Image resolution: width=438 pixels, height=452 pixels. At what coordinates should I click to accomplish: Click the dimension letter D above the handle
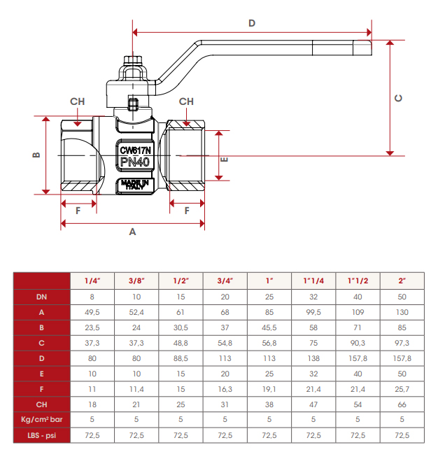click(252, 23)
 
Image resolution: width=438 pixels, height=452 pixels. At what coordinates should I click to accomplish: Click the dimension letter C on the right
click(398, 98)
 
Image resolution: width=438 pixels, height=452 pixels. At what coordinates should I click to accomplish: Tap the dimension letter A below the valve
click(133, 232)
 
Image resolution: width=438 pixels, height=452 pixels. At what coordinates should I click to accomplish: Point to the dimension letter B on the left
click(36, 155)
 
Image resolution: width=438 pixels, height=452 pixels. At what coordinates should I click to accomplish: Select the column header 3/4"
click(225, 281)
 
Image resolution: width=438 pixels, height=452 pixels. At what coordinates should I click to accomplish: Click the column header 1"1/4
click(313, 281)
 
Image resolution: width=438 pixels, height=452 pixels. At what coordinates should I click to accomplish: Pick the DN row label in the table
click(42, 296)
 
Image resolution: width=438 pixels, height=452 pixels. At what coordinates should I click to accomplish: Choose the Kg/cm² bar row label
click(42, 420)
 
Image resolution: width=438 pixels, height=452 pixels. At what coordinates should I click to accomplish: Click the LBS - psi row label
click(42, 435)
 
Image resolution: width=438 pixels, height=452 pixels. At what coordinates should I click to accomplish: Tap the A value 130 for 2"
click(402, 311)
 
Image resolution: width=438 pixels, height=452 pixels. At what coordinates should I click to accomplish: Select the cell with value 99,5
click(313, 311)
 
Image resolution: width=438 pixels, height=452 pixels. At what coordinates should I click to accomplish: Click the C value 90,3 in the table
click(358, 343)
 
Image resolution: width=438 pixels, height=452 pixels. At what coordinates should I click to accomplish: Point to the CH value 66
click(402, 404)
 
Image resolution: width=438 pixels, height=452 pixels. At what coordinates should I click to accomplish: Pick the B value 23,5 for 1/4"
click(92, 327)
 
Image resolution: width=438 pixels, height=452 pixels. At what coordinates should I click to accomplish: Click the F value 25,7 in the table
click(402, 389)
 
